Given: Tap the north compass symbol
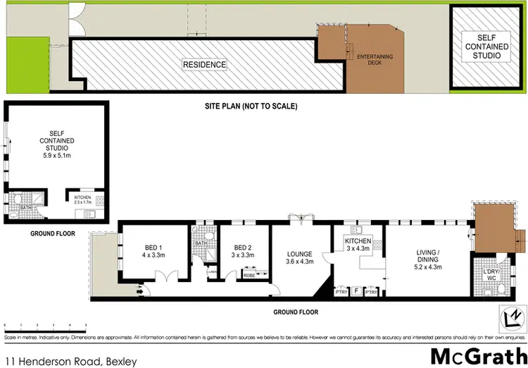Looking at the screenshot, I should pos(511,318).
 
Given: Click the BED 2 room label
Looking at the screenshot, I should pos(244,251).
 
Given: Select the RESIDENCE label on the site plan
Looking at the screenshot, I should pos(205,65).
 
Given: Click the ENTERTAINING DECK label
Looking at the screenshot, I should pos(375,59).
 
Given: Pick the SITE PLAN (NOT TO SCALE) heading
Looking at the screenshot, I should pos(246,107).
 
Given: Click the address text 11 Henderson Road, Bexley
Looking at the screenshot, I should pos(68,360).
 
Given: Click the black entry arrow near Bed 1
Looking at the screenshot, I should pos(140,288).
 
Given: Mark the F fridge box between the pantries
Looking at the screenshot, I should pos(356,290).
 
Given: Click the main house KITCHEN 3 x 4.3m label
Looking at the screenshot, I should pos(358,245).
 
